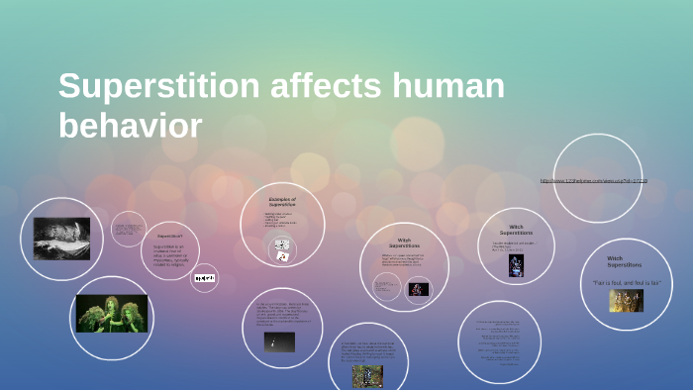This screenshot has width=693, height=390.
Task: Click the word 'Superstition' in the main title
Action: [x=157, y=88]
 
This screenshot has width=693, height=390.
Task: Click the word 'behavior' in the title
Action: [x=130, y=126]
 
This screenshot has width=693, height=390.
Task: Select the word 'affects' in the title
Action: [x=323, y=88]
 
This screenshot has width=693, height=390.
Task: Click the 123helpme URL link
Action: [x=594, y=180]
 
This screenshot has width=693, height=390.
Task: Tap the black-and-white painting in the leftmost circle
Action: [x=61, y=239]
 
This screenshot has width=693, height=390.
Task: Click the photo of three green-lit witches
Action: [x=112, y=313]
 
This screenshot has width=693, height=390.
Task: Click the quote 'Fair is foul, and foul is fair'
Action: [x=626, y=283]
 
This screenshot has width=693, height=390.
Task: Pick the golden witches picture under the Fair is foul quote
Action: [x=626, y=301]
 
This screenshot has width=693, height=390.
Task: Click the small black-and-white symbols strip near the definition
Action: [x=205, y=278]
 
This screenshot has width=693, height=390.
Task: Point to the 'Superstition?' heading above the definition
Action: [x=170, y=236]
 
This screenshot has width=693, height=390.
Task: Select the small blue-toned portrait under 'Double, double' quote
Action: [x=516, y=265]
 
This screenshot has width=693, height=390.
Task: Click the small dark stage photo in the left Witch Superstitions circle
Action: [x=417, y=289]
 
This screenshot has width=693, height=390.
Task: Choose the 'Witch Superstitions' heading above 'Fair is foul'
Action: [x=624, y=261]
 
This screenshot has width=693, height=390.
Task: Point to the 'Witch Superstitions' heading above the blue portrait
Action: [x=516, y=230]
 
